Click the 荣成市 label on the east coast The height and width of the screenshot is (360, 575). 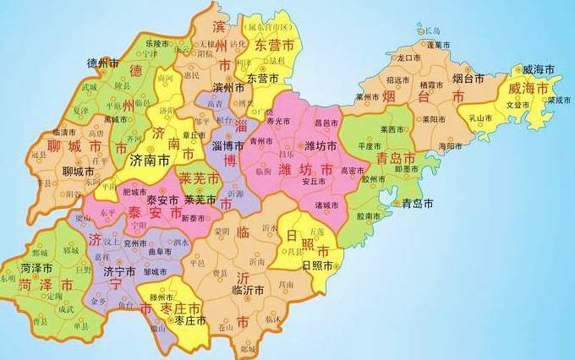[559, 99]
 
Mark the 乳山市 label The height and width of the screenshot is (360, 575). [482, 117]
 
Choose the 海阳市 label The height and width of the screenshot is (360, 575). [450, 146]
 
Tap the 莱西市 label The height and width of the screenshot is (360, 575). [393, 129]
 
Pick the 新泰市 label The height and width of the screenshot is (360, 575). [194, 218]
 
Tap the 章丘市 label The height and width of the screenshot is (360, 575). [193, 134]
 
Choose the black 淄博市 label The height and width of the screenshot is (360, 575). [228, 146]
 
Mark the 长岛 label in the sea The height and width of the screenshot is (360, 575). [434, 30]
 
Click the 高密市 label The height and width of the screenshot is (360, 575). [352, 170]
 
